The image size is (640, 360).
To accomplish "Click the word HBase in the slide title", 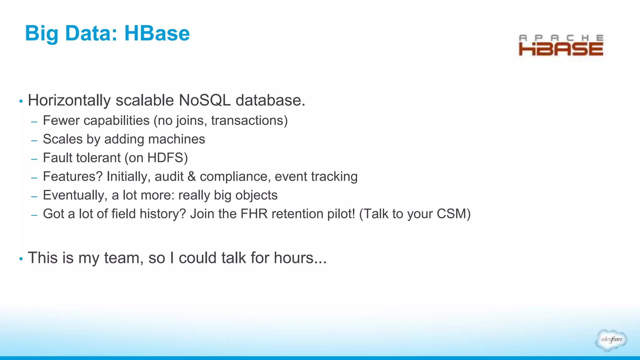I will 157,33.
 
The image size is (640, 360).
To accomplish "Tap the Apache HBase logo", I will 561,46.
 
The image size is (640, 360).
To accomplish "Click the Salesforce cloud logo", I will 611,340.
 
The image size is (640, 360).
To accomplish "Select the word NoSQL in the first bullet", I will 205,101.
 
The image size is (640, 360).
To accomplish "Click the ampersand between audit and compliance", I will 192,177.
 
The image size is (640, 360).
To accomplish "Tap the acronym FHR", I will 254,214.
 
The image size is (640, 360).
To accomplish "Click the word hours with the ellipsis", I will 300,258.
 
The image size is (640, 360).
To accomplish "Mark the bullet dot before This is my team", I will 21,259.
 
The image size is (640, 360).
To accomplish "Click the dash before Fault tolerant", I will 34,159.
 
